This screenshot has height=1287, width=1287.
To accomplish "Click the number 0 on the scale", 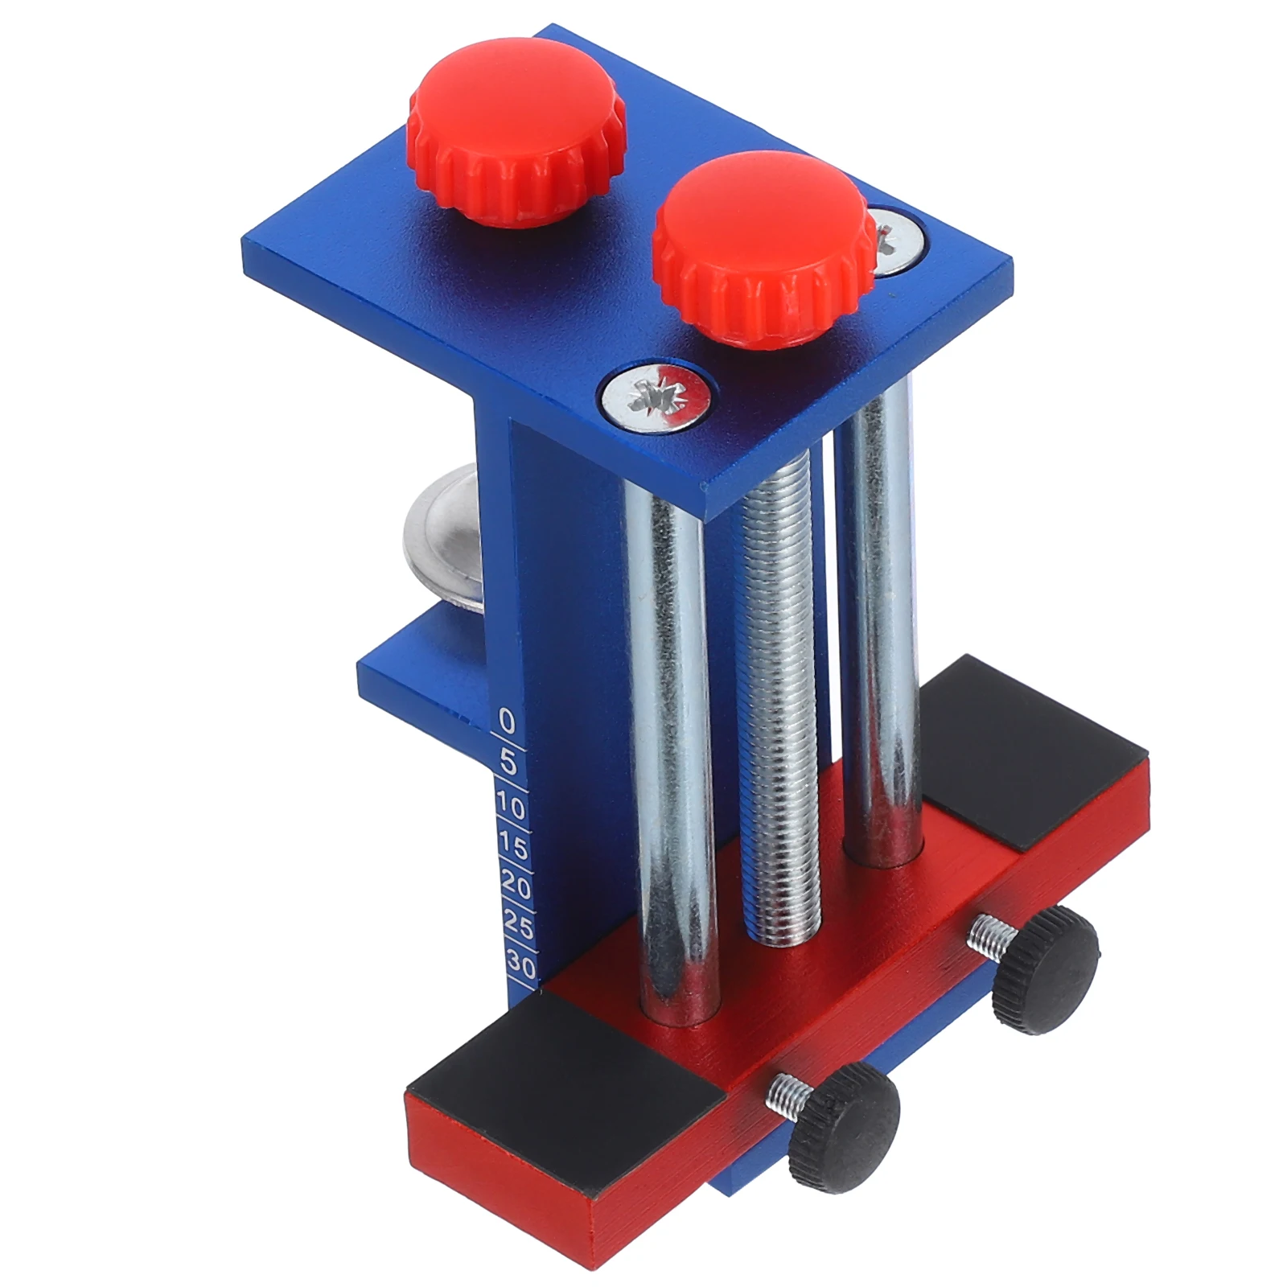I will pyautogui.click(x=506, y=720).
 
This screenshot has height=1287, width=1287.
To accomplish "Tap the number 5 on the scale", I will pyautogui.click(x=508, y=761).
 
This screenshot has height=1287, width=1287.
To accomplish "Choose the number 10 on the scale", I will pyautogui.click(x=510, y=804).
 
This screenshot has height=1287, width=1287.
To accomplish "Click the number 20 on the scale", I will pyautogui.click(x=516, y=886).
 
